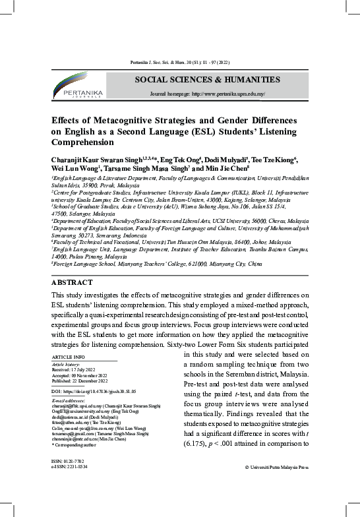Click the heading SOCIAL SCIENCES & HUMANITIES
click(207, 80)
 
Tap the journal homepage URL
click(208, 94)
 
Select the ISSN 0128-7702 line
click(67, 461)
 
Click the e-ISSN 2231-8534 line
click(69, 467)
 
